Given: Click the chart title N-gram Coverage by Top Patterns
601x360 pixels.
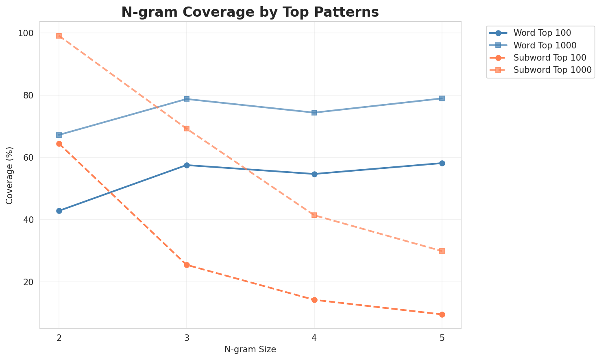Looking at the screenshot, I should (x=250, y=12).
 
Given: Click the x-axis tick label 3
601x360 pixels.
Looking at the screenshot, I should (x=187, y=338).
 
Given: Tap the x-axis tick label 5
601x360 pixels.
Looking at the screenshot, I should (x=442, y=338).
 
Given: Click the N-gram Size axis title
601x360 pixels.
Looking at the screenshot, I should (x=250, y=349).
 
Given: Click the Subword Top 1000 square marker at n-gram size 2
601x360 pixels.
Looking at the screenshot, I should (x=59, y=36).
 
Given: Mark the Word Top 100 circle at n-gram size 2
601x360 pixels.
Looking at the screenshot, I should (x=59, y=211).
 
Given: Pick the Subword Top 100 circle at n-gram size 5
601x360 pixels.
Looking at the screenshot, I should (x=442, y=314).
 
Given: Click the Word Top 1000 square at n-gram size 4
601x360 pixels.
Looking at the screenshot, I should (x=314, y=113).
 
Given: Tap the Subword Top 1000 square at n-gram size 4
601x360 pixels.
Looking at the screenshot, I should (x=314, y=215).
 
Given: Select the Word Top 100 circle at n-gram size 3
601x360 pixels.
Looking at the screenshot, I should (x=187, y=165).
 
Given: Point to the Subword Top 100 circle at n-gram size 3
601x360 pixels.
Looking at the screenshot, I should (x=187, y=265).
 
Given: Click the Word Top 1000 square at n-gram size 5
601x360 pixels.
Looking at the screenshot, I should (x=442, y=98).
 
